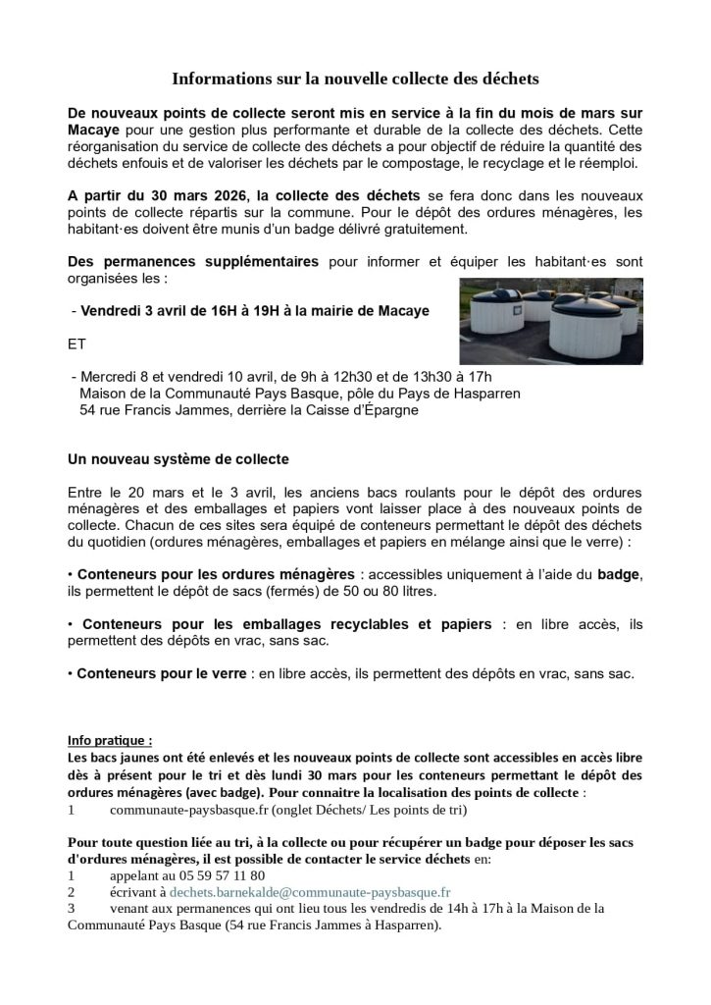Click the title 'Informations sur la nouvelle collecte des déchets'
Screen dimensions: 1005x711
(356, 77)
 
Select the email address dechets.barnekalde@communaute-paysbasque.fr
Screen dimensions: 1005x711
(310, 892)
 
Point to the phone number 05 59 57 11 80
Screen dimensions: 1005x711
(216, 875)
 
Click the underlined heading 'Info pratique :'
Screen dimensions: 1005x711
(110, 740)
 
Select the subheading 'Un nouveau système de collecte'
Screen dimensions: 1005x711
(178, 459)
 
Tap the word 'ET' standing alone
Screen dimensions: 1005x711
(77, 344)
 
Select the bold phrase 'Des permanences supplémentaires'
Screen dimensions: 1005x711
(193, 262)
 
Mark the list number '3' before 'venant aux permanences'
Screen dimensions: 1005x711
(72, 909)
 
